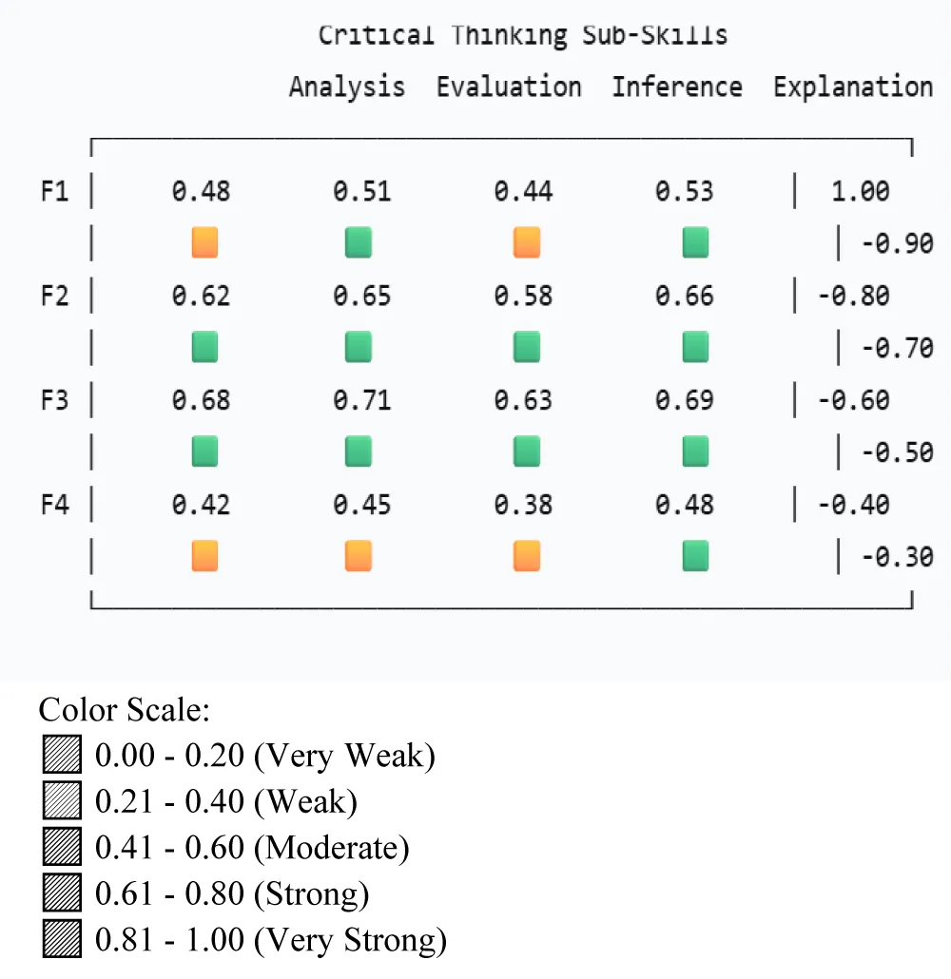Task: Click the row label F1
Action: click(x=54, y=191)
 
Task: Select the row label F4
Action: click(x=54, y=504)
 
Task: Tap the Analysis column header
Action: click(x=347, y=86)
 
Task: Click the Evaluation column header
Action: click(x=509, y=86)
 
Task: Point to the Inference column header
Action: click(x=676, y=86)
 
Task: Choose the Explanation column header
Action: click(x=853, y=86)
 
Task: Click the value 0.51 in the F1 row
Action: click(x=362, y=191)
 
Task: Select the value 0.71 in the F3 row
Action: click(x=362, y=400)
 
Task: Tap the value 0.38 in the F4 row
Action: click(x=523, y=504)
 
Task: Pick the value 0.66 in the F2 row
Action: click(x=684, y=296)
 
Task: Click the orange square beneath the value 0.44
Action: click(x=527, y=242)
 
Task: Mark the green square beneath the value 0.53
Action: click(x=696, y=242)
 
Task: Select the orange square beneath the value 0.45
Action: click(x=359, y=555)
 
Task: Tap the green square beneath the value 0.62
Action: click(x=204, y=347)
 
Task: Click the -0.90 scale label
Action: click(x=897, y=243)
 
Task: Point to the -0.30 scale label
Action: click(x=897, y=556)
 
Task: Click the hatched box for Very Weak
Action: click(x=62, y=756)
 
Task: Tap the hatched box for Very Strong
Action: click(x=62, y=940)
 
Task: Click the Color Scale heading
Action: click(x=124, y=710)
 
